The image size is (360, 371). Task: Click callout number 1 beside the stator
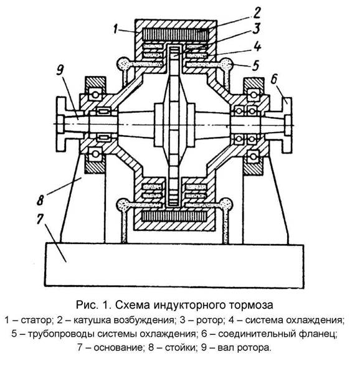click(x=115, y=29)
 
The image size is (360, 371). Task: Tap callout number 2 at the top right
click(x=257, y=13)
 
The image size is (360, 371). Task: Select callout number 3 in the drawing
click(x=256, y=29)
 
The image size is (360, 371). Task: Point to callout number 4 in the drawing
click(x=257, y=46)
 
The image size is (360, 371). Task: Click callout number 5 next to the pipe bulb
click(x=255, y=65)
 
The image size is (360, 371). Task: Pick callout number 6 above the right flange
click(x=274, y=79)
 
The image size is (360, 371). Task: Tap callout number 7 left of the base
click(x=40, y=219)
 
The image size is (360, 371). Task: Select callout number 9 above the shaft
click(x=60, y=70)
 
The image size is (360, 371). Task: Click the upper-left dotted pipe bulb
click(x=123, y=63)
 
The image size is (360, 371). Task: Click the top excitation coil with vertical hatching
click(x=176, y=34)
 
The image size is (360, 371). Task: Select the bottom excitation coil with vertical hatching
click(x=175, y=217)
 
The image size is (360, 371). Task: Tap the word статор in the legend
click(x=36, y=320)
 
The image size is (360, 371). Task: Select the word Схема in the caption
click(x=133, y=305)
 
